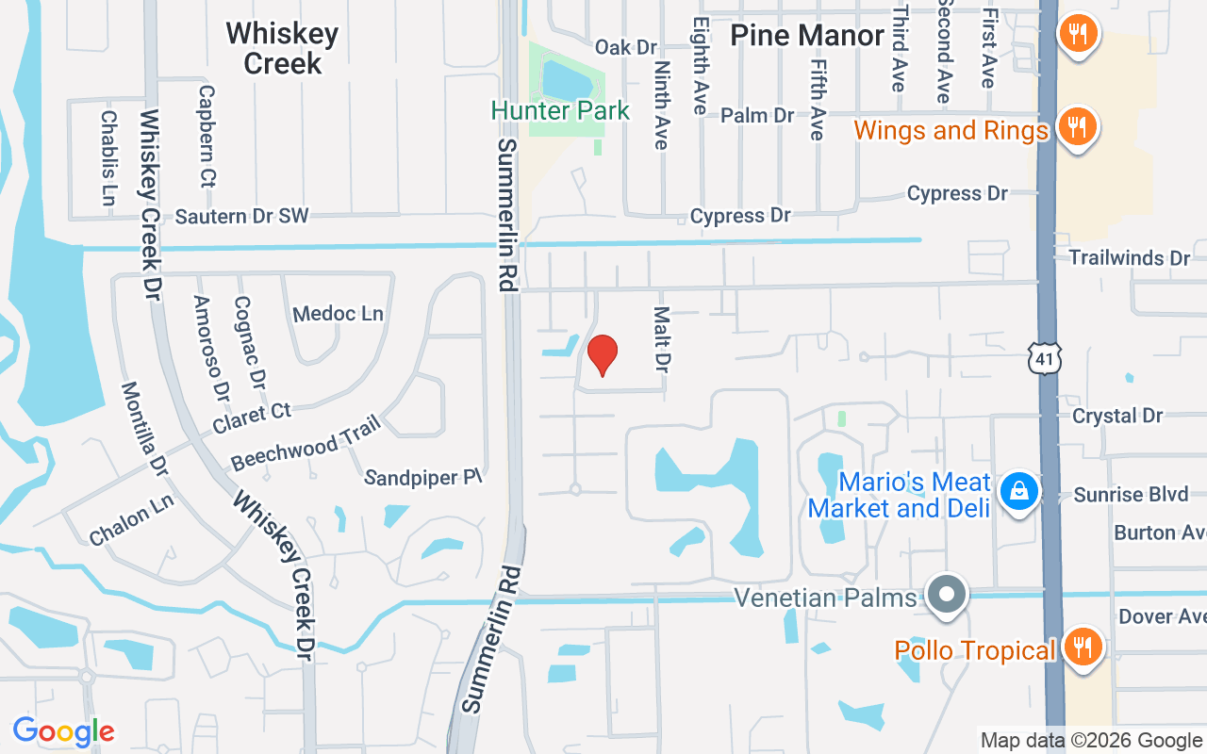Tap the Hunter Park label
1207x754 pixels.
coord(560,110)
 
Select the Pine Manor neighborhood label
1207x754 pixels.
coord(808,36)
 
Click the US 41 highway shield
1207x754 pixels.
coord(1045,357)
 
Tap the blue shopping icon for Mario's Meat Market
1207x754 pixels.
coord(1019,491)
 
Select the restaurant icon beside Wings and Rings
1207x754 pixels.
coord(1074,126)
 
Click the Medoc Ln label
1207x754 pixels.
coord(338,313)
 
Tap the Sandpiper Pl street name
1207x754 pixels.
coord(423,477)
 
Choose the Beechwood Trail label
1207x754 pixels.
coord(306,442)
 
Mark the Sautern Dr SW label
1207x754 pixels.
coord(241,216)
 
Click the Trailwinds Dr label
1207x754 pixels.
coord(1130,257)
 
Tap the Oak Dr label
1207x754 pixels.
coord(625,47)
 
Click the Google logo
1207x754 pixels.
coord(63,730)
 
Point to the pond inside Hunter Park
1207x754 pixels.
coord(567,81)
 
